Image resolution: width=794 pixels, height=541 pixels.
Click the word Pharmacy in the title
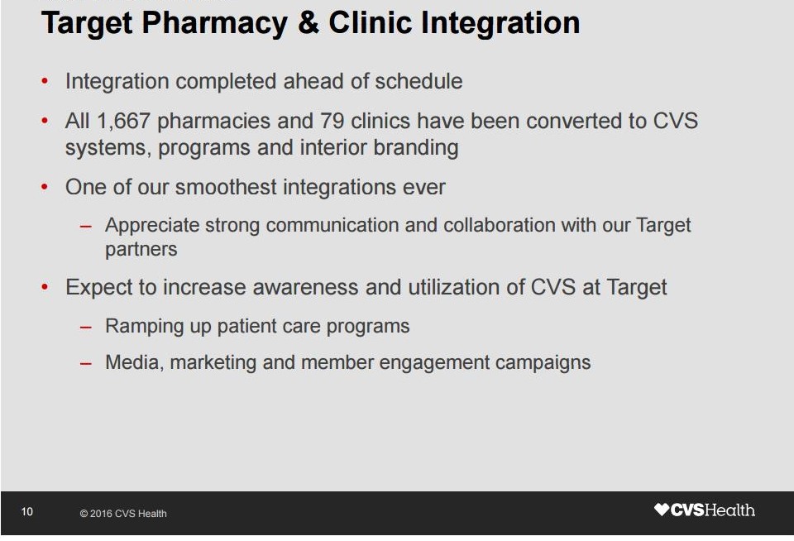pyautogui.click(x=214, y=23)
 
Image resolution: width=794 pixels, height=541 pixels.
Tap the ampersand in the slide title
pyautogui.click(x=309, y=23)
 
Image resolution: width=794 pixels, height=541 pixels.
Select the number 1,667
pyautogui.click(x=123, y=122)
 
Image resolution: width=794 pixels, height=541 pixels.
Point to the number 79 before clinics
pyautogui.click(x=332, y=121)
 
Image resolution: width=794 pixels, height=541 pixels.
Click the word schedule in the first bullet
pyautogui.click(x=419, y=81)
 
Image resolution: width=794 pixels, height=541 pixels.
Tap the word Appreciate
pyautogui.click(x=152, y=225)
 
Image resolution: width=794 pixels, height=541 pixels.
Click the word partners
pyautogui.click(x=141, y=250)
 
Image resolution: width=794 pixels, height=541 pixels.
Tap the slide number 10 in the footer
pyautogui.click(x=27, y=511)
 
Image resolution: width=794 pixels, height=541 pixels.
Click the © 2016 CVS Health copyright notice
pyautogui.click(x=123, y=514)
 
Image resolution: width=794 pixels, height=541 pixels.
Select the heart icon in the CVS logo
pyautogui.click(x=662, y=509)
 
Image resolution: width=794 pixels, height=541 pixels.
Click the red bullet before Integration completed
pyautogui.click(x=45, y=81)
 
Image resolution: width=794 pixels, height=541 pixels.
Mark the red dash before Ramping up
pyautogui.click(x=85, y=328)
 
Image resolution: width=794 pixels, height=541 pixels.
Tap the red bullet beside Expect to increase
pyautogui.click(x=45, y=287)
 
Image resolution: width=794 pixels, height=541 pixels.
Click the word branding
pyautogui.click(x=416, y=148)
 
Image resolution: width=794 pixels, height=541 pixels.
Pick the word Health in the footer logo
pyautogui.click(x=729, y=510)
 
